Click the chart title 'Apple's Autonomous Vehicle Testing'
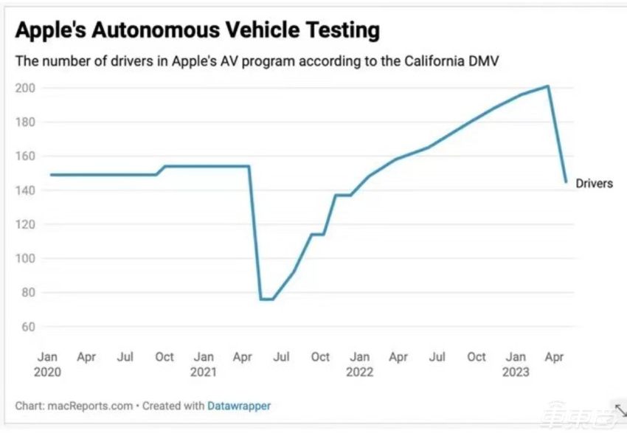[197, 30]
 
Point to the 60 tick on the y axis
[28, 327]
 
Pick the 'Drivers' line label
[594, 184]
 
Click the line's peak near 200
[548, 86]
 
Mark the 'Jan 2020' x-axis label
[48, 364]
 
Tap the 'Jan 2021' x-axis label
[204, 364]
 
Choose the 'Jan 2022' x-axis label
[359, 364]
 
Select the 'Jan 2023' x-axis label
[516, 364]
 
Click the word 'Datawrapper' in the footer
[239, 406]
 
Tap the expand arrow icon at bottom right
[620, 410]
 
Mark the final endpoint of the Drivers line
[567, 182]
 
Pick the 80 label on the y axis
[28, 293]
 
